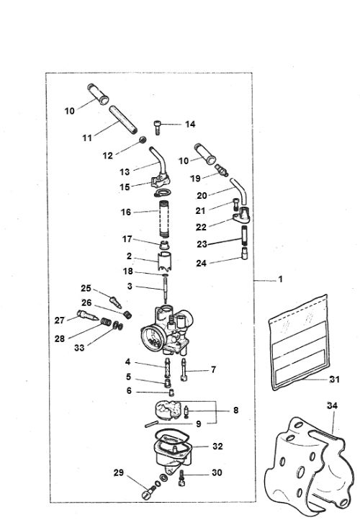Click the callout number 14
(190, 124)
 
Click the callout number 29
(118, 472)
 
